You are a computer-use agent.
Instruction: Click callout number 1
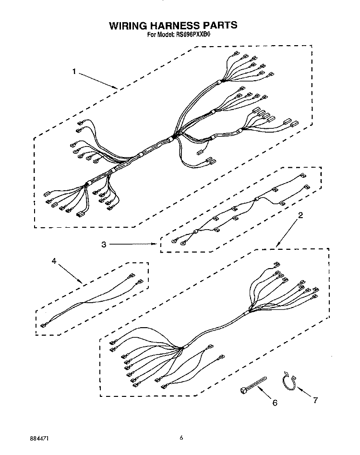pos(74,71)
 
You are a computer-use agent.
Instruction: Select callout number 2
pos(300,215)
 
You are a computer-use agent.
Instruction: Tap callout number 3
pos(104,245)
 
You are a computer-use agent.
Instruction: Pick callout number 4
pos(54,261)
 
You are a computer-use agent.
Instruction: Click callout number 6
pos(275,403)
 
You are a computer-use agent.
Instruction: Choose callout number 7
pos(315,400)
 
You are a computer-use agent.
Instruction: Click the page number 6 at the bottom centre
pos(181,438)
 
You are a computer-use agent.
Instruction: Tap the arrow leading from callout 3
pos(133,244)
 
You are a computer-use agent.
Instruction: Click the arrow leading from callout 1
pos(98,80)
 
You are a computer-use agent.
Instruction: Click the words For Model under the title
pos(160,35)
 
